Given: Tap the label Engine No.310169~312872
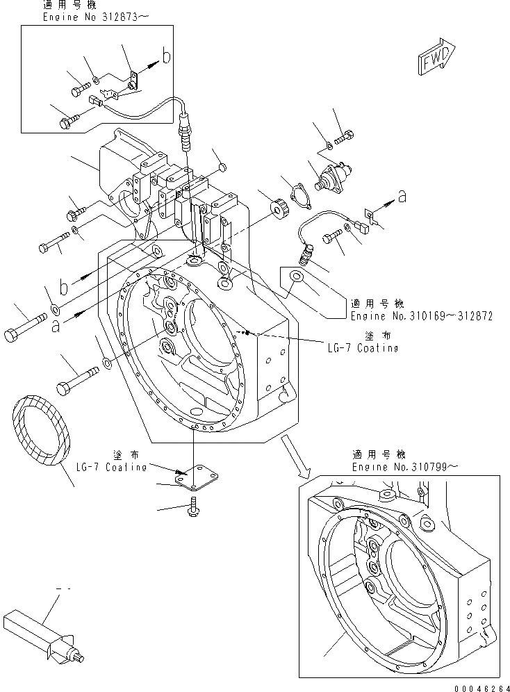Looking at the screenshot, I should coord(421,315).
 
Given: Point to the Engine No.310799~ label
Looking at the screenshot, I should coord(419,468).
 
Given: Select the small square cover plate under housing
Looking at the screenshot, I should coord(192,477).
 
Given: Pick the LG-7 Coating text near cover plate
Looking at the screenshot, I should coord(110,466).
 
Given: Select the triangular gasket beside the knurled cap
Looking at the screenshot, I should coord(304,197).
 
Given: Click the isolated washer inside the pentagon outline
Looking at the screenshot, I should coord(297,277).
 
